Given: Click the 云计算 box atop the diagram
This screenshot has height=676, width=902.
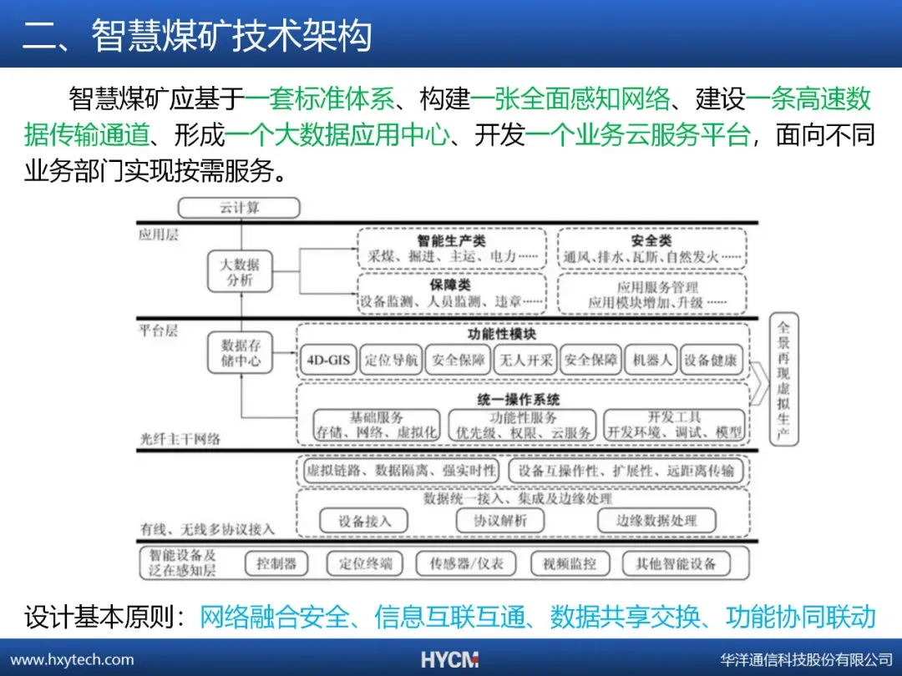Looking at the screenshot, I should click(x=239, y=208).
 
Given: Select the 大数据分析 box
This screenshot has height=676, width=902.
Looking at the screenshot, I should click(x=240, y=272).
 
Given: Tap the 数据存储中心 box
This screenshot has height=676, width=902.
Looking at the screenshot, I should click(x=241, y=352).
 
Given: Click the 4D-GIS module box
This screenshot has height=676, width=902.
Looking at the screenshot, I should click(x=328, y=361).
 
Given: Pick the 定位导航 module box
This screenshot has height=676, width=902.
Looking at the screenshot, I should click(x=391, y=361).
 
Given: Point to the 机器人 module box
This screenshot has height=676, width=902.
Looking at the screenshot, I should click(x=651, y=361).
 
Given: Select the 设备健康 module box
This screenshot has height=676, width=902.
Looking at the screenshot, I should click(x=711, y=361).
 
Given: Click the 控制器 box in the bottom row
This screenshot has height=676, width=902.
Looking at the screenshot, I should click(x=276, y=563).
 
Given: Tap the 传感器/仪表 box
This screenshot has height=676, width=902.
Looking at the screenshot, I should click(x=467, y=563).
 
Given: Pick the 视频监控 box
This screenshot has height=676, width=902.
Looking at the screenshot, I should click(x=570, y=563).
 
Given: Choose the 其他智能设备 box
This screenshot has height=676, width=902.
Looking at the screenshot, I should click(x=676, y=563).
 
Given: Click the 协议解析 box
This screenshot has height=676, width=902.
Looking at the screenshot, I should click(x=501, y=520).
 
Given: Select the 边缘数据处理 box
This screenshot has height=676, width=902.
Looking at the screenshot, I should click(x=656, y=520).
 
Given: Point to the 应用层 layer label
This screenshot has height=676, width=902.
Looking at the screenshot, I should click(x=159, y=235).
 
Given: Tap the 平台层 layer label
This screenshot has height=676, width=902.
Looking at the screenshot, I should click(x=159, y=330).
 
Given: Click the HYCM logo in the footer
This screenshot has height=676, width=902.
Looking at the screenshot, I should click(x=449, y=659).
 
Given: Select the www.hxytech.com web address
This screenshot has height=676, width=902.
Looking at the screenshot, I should click(x=72, y=659).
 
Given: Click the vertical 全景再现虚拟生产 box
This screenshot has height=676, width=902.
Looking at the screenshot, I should click(x=783, y=382).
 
